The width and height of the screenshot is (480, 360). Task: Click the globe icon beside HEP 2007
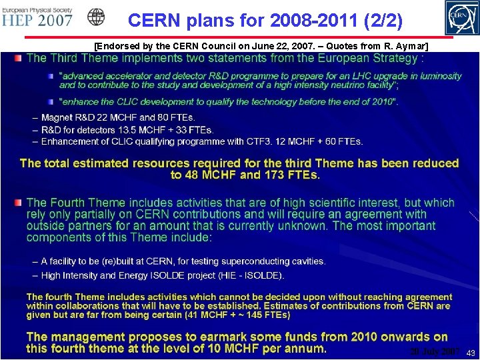(96, 17)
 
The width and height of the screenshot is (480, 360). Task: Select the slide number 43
(471, 353)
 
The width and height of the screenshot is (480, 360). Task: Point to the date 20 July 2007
(434, 351)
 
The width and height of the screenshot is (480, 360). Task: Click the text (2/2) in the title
(379, 21)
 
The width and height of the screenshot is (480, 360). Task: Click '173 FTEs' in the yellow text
(292, 175)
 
